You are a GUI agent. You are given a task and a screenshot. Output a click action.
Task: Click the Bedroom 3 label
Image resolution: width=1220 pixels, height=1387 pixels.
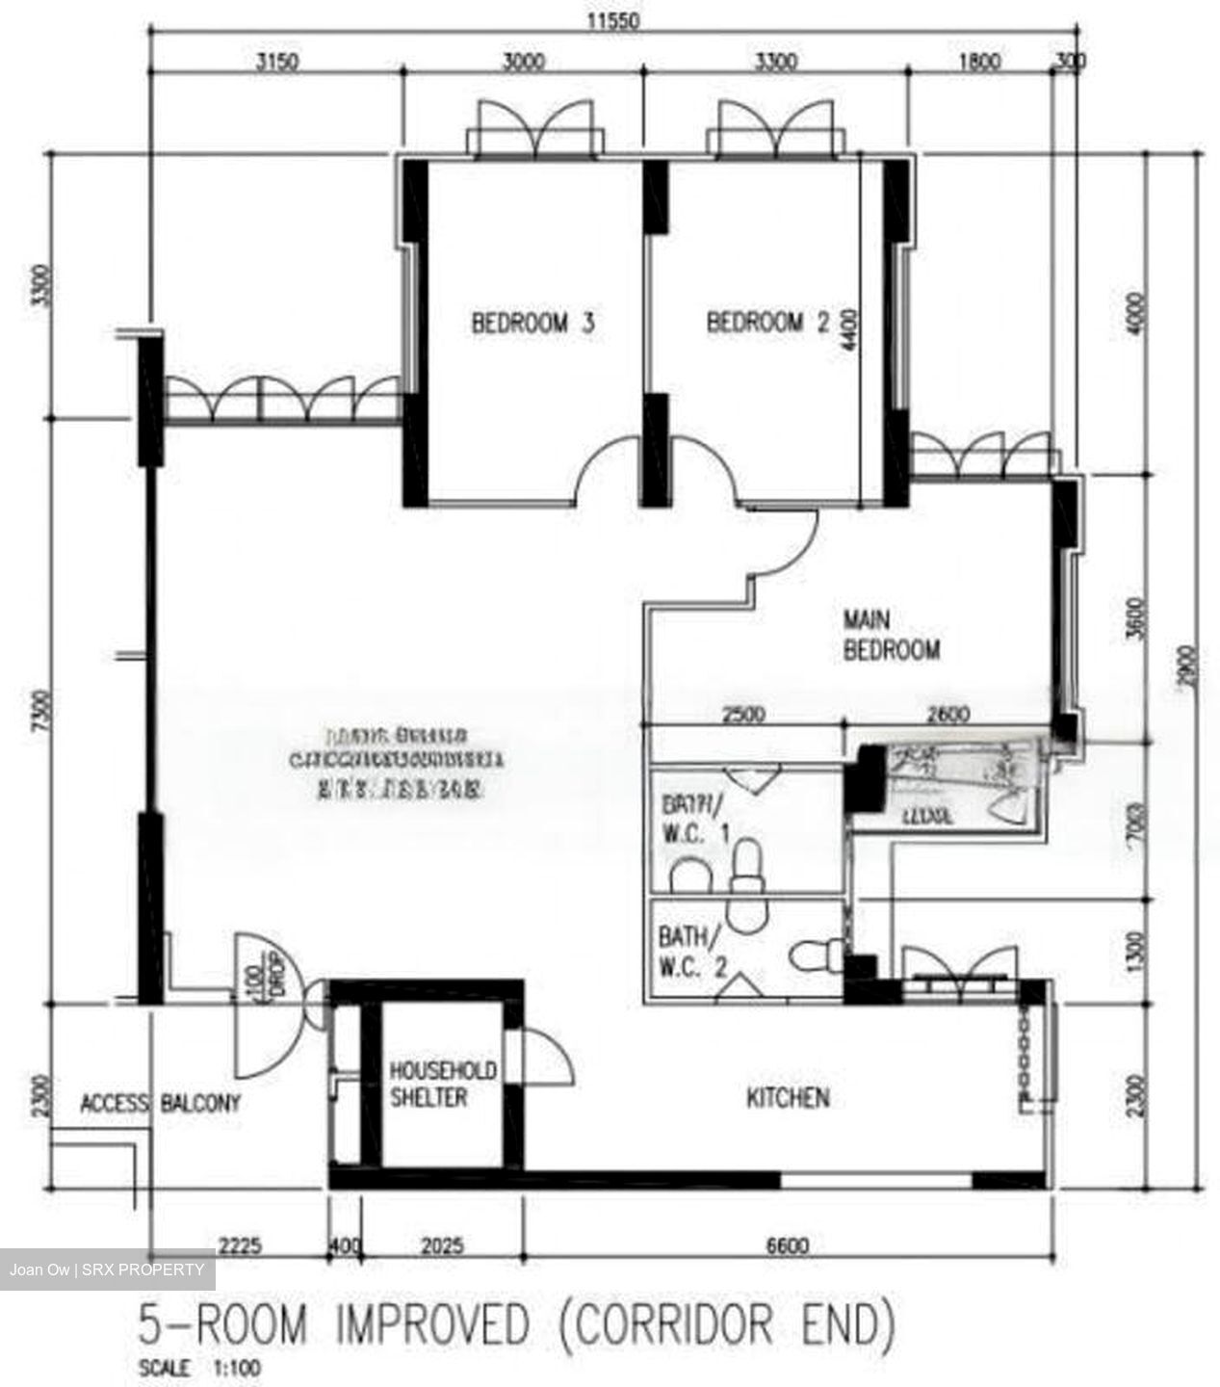tap(532, 323)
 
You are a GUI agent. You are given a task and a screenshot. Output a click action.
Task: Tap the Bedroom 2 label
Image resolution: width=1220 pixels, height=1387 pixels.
tap(767, 323)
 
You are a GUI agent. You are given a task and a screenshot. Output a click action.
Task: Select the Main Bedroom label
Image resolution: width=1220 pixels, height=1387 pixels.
tap(891, 635)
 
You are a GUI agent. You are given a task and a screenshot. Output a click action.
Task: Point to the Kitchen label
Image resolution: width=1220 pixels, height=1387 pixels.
tap(788, 1097)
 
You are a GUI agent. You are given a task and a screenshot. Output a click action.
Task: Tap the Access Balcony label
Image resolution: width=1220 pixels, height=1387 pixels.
tap(160, 1103)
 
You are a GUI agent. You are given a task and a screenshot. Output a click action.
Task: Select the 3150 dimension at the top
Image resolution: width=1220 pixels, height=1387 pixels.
tap(276, 63)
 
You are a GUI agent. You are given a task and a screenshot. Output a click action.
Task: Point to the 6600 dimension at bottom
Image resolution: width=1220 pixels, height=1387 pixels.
tap(787, 1245)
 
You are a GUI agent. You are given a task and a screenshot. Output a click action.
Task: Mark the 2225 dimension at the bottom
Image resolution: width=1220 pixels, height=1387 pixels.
tap(240, 1245)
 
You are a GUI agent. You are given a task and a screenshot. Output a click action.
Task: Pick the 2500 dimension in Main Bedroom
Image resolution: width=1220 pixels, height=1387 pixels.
tap(743, 715)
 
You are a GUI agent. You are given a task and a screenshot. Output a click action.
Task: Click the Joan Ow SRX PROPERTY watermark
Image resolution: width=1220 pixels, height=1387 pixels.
tap(107, 1269)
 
